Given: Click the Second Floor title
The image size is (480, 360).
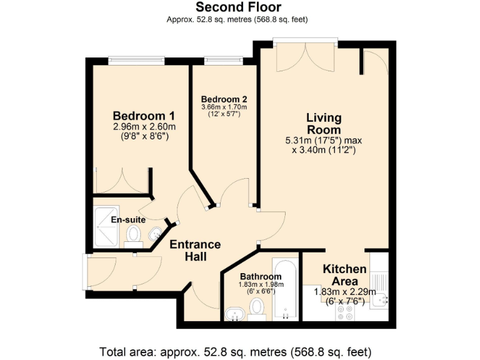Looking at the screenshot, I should coord(239,7).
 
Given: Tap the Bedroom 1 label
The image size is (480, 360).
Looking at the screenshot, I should coord(143,116).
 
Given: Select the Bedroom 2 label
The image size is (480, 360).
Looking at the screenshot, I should coord(224,99).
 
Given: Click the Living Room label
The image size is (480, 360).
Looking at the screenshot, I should coord(323,123).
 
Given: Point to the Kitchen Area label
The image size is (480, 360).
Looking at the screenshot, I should coord(344,274).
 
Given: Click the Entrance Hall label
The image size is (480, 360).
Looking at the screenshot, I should coord(195,250).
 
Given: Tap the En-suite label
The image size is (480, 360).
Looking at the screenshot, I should coord(128,220).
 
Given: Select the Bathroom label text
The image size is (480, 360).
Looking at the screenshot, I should coord(260,276).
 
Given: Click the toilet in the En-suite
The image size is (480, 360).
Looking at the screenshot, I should coord(132,236).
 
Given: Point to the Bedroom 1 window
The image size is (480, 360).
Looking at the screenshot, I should coord(136,61).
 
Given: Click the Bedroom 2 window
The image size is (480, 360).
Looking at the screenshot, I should coord(223,61).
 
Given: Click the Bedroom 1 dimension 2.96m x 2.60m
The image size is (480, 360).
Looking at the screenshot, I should coord(144,127).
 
